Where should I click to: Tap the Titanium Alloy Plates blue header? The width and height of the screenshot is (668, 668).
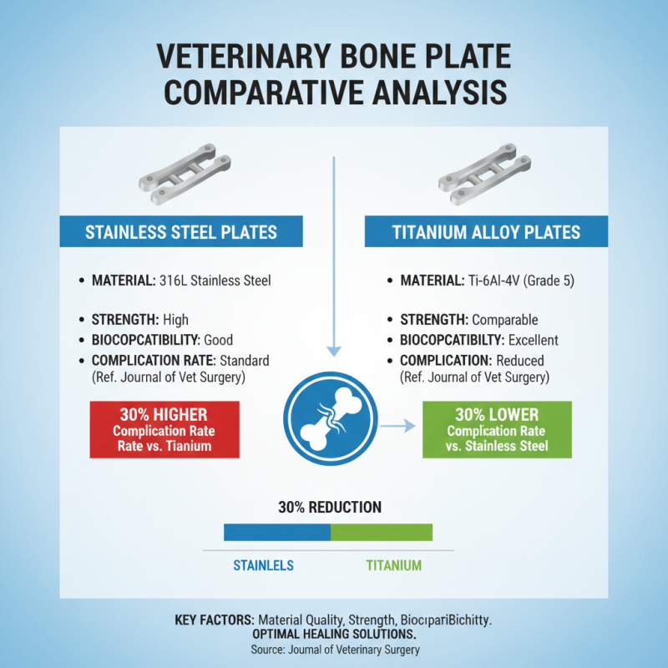(x=487, y=232)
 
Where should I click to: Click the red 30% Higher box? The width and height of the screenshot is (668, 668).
(x=164, y=429)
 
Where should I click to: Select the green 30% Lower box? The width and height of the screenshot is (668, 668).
(x=497, y=429)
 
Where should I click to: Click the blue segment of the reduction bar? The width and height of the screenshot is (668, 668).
(x=277, y=532)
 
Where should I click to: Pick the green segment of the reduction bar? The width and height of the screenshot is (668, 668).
(x=382, y=532)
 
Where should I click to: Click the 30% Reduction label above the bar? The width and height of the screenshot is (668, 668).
(x=329, y=507)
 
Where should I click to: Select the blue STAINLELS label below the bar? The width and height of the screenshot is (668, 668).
(x=262, y=565)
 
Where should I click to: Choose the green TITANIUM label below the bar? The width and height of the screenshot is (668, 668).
(x=393, y=565)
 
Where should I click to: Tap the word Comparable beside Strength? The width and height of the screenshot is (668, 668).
(x=505, y=320)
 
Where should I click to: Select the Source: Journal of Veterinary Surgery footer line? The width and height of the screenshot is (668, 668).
(x=334, y=650)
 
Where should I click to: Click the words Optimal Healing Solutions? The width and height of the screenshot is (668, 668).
(x=334, y=635)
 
